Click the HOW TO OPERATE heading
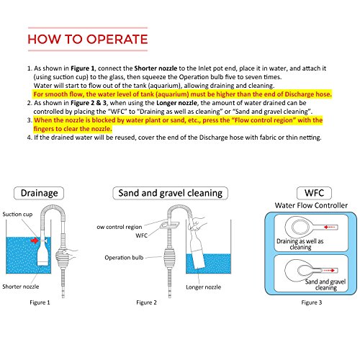88,39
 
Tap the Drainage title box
39,193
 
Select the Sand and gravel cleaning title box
171,193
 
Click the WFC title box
314,193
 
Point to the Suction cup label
17,214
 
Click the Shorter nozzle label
21,287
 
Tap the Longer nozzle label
203,287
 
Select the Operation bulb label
124,258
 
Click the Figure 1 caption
40,302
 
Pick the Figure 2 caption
146,302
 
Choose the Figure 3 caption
312,302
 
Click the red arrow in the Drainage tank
35,240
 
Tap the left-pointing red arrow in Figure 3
329,227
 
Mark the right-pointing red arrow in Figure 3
329,271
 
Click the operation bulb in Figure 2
170,257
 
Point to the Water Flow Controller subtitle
311,205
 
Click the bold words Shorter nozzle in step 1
156,68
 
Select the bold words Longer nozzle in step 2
176,103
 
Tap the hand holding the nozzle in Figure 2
197,223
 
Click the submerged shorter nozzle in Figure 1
43,255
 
